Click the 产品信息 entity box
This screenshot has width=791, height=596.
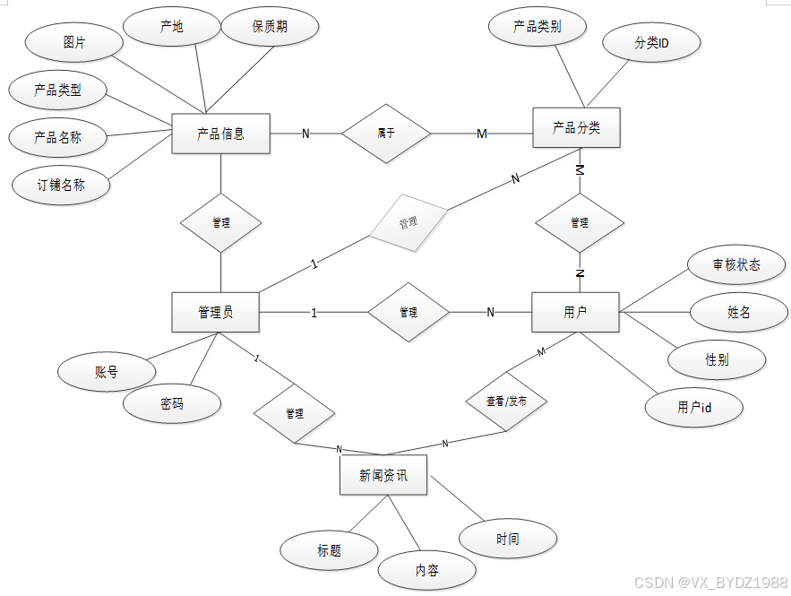(x=220, y=134)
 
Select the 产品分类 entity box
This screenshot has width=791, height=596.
(x=576, y=127)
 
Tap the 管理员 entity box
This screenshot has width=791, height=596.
(x=216, y=312)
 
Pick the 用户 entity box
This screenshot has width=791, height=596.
(x=575, y=312)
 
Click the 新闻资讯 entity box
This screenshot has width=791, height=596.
(x=383, y=475)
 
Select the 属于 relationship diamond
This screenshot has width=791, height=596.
(x=386, y=134)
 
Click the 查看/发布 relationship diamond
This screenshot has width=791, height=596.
(x=506, y=402)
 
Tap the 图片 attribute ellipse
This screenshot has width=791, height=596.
(x=74, y=43)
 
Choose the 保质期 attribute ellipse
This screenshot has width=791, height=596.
(x=270, y=27)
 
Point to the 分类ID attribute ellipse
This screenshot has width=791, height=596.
(x=651, y=43)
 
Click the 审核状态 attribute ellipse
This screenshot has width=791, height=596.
(x=736, y=264)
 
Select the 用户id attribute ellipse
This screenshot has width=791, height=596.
(x=694, y=407)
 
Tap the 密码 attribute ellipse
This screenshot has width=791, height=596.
(x=172, y=404)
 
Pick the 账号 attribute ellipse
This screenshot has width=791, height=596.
(x=106, y=372)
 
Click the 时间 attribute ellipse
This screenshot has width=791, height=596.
(x=507, y=539)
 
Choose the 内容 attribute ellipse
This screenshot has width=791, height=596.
(x=426, y=570)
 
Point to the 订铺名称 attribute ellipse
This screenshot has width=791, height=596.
(x=61, y=186)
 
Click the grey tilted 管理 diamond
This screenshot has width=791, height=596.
(x=408, y=221)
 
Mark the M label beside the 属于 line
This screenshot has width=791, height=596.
(x=482, y=134)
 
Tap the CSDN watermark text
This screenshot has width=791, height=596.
(x=710, y=583)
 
